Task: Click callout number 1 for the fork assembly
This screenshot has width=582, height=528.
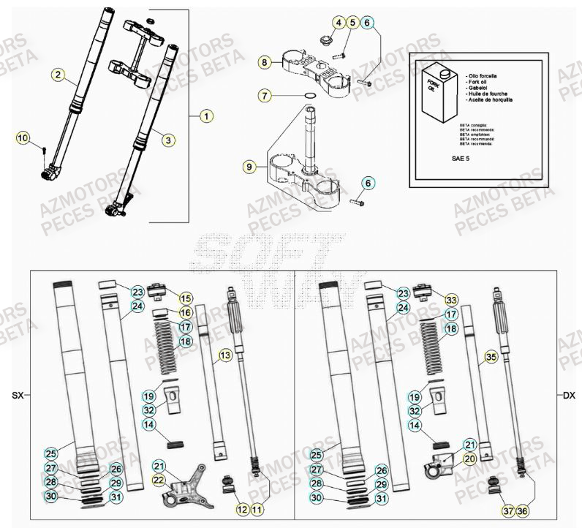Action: pos(206,116)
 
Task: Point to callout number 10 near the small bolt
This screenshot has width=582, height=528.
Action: pos(22,138)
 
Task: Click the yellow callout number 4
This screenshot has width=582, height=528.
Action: pos(338,23)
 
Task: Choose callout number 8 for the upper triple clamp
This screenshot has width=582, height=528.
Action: pos(265,63)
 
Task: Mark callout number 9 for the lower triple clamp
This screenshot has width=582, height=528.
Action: pos(250,167)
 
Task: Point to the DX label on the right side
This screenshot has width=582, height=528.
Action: pos(569,396)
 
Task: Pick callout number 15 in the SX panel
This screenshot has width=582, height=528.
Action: pos(186,298)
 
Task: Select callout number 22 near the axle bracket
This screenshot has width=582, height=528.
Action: pos(159,479)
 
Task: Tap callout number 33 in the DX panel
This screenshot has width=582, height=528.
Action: pos(451,299)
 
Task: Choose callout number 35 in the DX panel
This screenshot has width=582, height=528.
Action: pos(491,357)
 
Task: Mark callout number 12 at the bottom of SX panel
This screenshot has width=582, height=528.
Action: pos(242,509)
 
